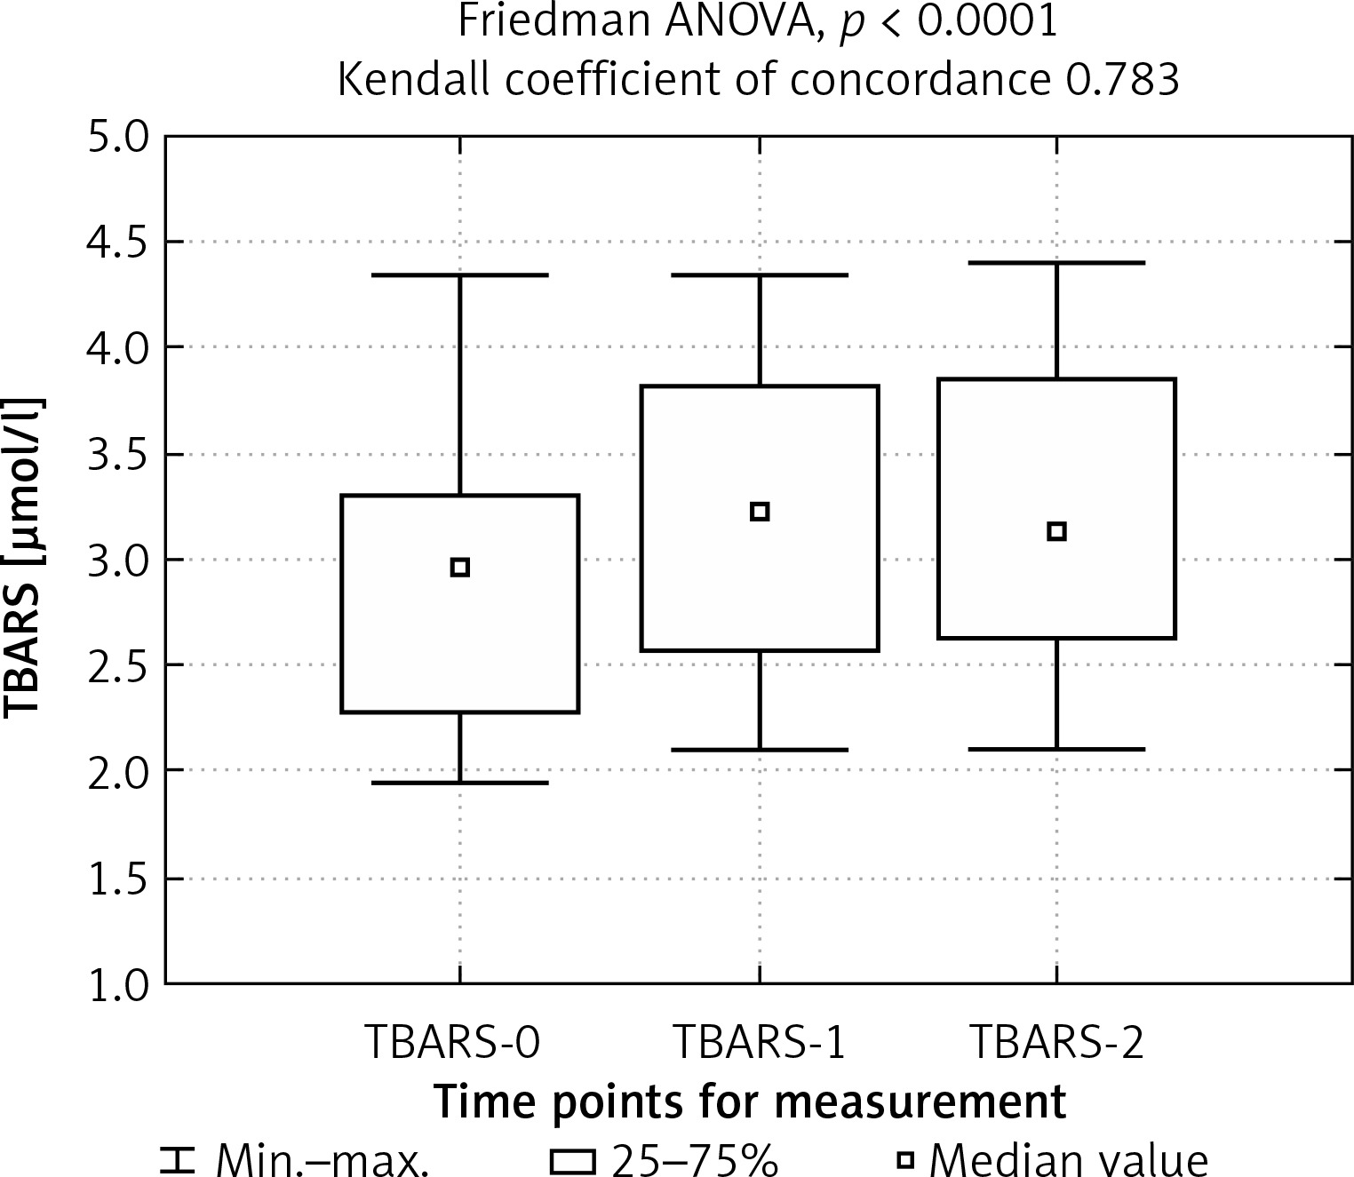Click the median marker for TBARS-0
coord(459,568)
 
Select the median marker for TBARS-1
coord(760,512)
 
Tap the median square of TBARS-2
coord(1056,532)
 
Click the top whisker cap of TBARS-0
coord(459,275)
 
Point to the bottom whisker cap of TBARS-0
coord(459,783)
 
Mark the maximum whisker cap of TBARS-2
coord(1056,263)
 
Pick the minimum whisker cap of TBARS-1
coord(760,750)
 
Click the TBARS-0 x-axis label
coord(453,1043)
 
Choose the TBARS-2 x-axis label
coord(1056,1043)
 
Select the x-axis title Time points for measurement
coord(751,1102)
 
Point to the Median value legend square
coord(904,1160)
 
